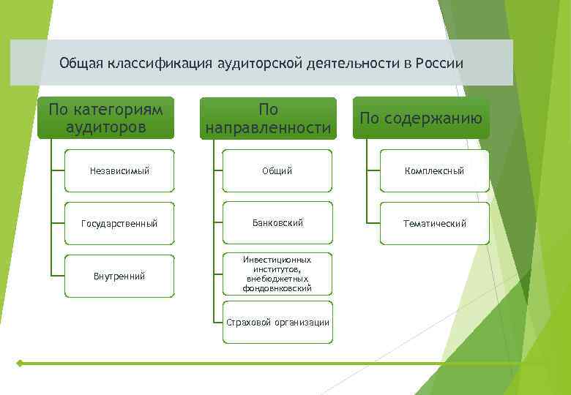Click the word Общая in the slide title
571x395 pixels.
pyautogui.click(x=82, y=64)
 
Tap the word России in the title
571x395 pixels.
pyautogui.click(x=439, y=64)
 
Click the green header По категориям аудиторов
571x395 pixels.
pyautogui.click(x=105, y=118)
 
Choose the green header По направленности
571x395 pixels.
pyautogui.click(x=268, y=118)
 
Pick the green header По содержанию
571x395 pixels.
pyautogui.click(x=421, y=118)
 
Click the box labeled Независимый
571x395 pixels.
pyautogui.click(x=120, y=171)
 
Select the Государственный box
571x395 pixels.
pyautogui.click(x=120, y=223)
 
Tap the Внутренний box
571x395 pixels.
pyautogui.click(x=120, y=276)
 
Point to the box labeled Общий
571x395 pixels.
pyautogui.click(x=277, y=171)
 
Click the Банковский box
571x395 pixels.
pyautogui.click(x=277, y=223)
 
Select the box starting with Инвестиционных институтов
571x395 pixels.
pyautogui.click(x=277, y=274)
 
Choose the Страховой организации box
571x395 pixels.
pyautogui.click(x=277, y=323)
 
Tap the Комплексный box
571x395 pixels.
pyautogui.click(x=435, y=171)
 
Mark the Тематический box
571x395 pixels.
pyautogui.click(x=435, y=223)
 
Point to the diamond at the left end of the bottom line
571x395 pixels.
pyautogui.click(x=20, y=363)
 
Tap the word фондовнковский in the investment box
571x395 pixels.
pyautogui.click(x=277, y=289)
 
